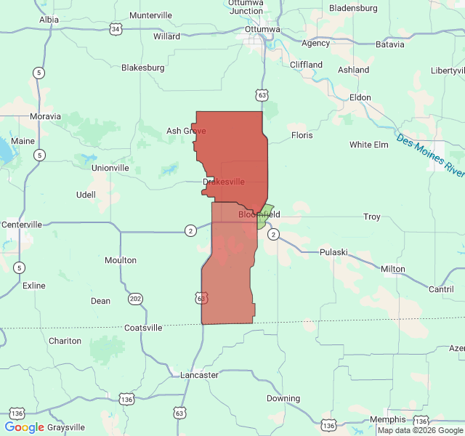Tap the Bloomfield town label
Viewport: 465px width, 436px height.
259,214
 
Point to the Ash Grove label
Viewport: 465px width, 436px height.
186,131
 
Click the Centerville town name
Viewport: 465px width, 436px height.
23,225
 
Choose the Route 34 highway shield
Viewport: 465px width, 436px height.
116,29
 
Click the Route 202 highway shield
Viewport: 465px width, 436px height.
135,299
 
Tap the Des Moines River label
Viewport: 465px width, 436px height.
431,155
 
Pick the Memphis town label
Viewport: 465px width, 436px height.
387,419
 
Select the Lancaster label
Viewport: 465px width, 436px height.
199,375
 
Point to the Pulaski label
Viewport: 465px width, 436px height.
334,252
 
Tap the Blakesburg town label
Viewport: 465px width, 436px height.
143,68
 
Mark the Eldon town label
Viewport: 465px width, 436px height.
360,97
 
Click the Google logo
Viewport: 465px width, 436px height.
25,427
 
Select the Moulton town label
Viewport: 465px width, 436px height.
121,260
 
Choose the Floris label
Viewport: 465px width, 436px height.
302,135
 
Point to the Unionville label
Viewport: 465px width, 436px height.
110,168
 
